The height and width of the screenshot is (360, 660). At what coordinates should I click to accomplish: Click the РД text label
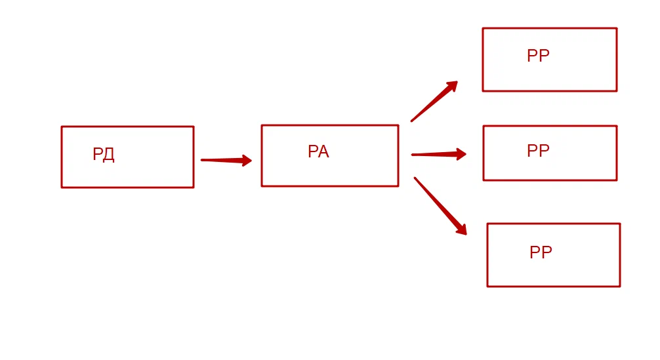(104, 155)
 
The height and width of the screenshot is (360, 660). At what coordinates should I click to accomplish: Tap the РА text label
(318, 152)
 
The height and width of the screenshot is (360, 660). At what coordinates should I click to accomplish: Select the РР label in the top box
(538, 56)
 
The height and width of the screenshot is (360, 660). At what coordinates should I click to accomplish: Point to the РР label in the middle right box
(538, 151)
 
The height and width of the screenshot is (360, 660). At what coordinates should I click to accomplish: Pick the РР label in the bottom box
(541, 253)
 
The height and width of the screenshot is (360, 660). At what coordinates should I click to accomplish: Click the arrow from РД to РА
(223, 160)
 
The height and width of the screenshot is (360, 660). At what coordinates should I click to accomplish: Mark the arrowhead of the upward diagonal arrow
(451, 86)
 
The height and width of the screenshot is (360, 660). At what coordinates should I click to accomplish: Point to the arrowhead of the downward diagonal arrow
(461, 229)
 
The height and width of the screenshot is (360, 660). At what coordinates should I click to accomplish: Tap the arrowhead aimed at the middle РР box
(461, 155)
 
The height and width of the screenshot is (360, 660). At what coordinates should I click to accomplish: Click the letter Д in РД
(109, 155)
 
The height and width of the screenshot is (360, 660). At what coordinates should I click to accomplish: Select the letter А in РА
(323, 152)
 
